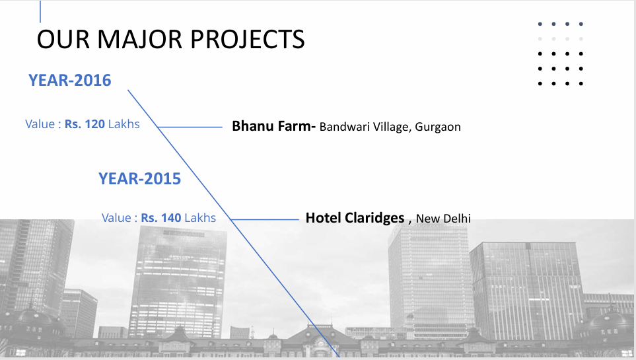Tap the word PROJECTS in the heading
(248, 40)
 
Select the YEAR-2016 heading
(70, 81)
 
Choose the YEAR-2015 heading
(139, 178)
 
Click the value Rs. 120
(85, 124)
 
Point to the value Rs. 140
(161, 218)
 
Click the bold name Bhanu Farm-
(274, 126)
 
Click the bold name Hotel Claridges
(355, 218)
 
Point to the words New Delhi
(443, 219)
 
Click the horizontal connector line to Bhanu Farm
(190, 127)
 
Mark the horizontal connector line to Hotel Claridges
(264, 219)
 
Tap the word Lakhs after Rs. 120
(124, 124)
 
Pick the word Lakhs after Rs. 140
(200, 218)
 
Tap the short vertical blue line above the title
(40, 11)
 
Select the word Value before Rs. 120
(40, 124)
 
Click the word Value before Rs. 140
(116, 218)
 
